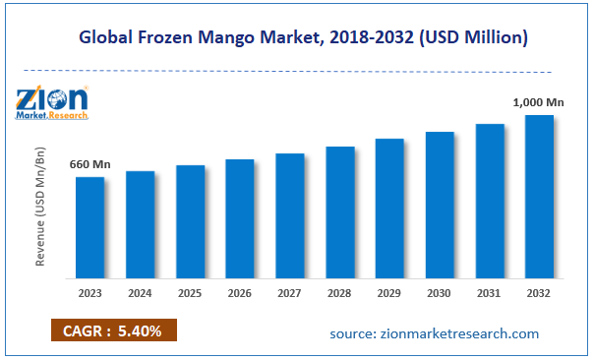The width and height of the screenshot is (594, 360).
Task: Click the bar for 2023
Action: click(x=89, y=226)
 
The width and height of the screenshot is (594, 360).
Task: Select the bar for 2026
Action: click(x=240, y=217)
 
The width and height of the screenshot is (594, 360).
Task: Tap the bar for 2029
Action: click(x=389, y=208)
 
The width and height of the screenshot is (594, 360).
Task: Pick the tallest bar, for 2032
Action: click(x=539, y=196)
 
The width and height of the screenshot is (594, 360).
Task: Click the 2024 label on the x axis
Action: click(x=140, y=292)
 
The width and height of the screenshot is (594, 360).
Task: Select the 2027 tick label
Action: click(x=289, y=292)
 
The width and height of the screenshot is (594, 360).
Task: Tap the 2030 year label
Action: click(x=440, y=292)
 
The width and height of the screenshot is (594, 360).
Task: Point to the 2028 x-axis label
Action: click(x=339, y=292)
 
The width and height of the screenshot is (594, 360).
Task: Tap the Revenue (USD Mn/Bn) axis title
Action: click(x=40, y=210)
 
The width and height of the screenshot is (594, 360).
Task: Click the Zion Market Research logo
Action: click(x=52, y=102)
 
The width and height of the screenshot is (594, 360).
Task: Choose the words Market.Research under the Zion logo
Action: click(x=52, y=116)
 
